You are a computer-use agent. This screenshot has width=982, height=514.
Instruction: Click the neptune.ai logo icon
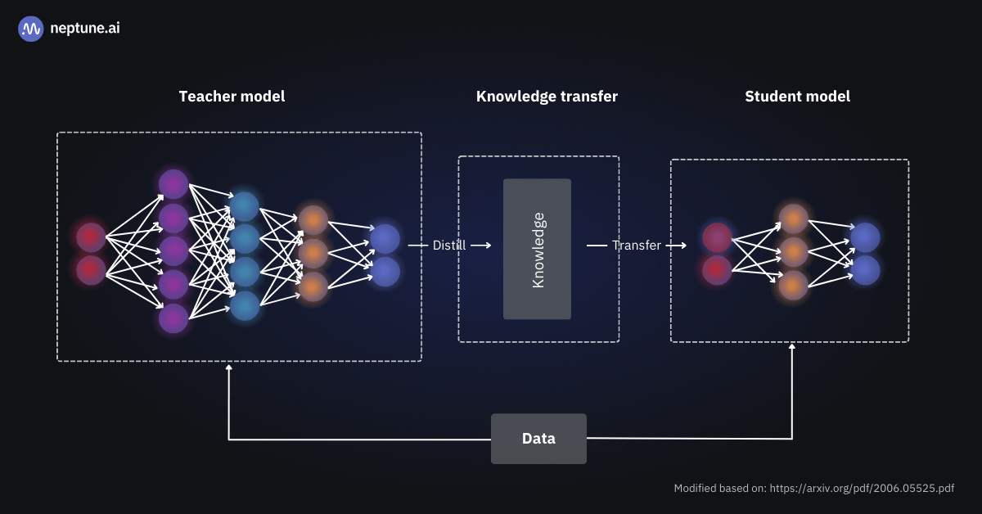click(x=31, y=29)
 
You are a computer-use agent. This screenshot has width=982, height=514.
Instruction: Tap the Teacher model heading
click(x=232, y=97)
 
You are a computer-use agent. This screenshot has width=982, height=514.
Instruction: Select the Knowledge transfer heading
click(x=547, y=97)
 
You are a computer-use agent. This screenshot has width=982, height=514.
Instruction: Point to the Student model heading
click(x=797, y=97)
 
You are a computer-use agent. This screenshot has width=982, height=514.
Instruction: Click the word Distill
click(x=449, y=246)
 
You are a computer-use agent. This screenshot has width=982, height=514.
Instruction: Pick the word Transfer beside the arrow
click(x=636, y=246)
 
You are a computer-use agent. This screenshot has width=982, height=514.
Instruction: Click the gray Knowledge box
click(x=537, y=249)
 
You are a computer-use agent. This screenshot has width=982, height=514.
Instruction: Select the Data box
click(x=538, y=439)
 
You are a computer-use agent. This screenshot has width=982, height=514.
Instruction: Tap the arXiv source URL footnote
click(x=813, y=488)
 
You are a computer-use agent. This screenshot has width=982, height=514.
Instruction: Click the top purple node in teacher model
click(x=173, y=184)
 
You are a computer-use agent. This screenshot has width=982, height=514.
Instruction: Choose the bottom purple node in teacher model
click(x=173, y=318)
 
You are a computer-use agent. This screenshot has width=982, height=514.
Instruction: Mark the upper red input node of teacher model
click(x=91, y=237)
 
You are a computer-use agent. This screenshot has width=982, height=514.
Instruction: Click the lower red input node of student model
click(x=717, y=269)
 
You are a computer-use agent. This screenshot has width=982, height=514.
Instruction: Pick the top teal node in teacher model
click(x=245, y=206)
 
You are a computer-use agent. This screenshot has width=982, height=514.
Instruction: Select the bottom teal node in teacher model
click(x=245, y=305)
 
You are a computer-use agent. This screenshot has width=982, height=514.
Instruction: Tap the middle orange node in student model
click(x=793, y=252)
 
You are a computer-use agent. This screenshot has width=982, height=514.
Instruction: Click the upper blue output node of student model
click(x=865, y=237)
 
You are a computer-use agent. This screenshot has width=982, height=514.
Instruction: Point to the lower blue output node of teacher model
click(x=385, y=271)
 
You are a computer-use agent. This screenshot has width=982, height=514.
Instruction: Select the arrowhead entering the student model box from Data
click(x=791, y=347)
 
